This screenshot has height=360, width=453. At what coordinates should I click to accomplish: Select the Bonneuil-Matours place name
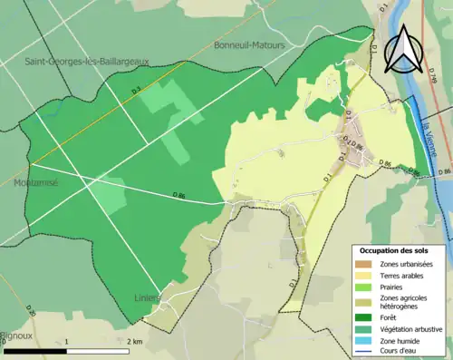249,44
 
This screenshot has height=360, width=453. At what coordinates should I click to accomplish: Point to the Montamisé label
36,182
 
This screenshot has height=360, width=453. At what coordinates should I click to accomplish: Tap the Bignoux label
16,335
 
